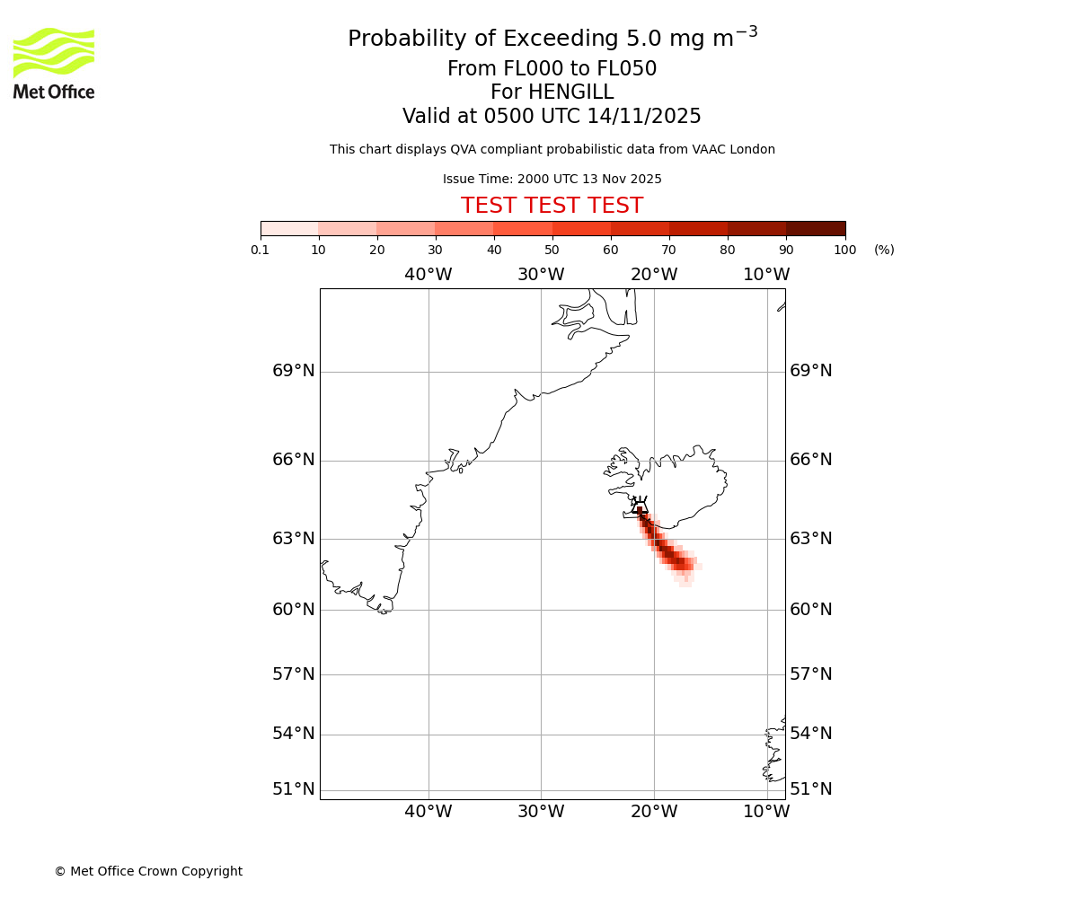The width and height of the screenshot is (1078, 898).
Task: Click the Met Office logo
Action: [54, 63]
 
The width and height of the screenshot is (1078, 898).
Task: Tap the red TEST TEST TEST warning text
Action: [552, 206]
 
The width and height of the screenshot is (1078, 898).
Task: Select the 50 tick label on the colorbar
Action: [552, 250]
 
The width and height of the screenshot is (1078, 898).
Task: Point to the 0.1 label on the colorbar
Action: [261, 250]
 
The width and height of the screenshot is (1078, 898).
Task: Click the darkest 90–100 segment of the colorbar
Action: [816, 228]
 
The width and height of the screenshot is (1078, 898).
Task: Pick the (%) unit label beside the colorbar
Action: [884, 250]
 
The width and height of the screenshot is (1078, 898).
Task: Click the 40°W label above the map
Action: [429, 275]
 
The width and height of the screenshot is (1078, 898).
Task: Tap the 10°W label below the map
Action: [766, 812]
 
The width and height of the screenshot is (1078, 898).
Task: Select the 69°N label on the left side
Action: [294, 371]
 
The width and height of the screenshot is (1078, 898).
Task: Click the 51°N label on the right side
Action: [811, 789]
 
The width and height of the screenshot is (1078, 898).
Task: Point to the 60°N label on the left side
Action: [294, 610]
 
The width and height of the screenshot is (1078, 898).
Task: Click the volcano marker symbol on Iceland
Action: [639, 506]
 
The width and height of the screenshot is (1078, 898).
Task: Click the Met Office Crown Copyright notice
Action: [148, 871]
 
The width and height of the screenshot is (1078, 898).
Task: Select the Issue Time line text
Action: [552, 180]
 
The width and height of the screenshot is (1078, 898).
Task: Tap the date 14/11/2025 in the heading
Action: [644, 117]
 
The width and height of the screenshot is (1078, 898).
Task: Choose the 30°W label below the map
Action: [541, 812]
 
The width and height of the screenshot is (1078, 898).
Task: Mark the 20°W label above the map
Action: [654, 275]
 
